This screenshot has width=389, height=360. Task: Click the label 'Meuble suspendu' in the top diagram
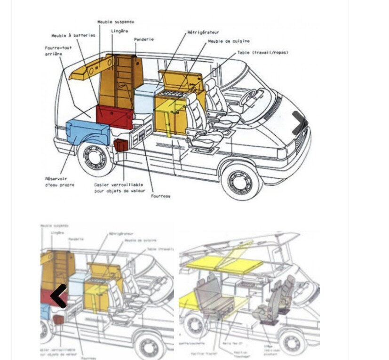pos(115,22)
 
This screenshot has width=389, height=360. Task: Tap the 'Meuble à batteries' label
pos(73,35)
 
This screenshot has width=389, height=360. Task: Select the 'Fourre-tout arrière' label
pos(58,50)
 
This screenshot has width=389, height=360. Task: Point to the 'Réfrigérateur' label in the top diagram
pos(203,32)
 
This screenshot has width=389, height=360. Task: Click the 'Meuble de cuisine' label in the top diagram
pos(229,41)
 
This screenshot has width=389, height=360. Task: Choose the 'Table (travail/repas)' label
pos(262,53)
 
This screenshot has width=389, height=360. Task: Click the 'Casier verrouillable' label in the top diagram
pos(119,188)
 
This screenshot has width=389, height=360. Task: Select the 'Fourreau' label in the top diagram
pos(161,196)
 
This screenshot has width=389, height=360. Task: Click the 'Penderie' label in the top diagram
pos(144,40)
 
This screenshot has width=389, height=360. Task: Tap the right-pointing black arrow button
pos(299,123)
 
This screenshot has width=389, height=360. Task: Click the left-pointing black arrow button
pos(59,296)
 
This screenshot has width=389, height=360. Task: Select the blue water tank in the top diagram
pos(87,132)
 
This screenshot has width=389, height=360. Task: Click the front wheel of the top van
pos(241,180)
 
